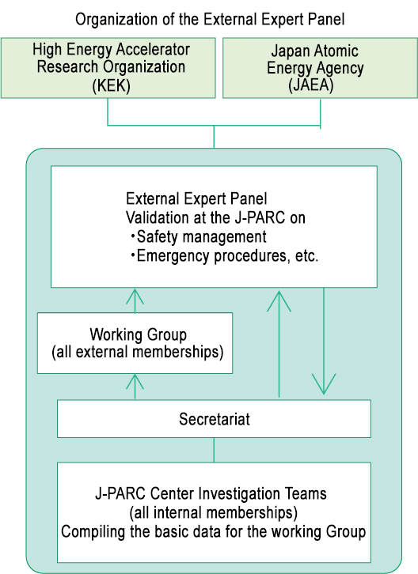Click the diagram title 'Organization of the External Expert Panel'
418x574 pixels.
(x=210, y=20)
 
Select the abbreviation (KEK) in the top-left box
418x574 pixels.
(x=112, y=85)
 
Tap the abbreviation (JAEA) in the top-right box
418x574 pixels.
(x=311, y=85)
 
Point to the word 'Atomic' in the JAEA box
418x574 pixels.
(x=336, y=51)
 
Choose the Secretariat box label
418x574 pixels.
(x=215, y=419)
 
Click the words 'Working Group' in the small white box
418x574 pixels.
(x=139, y=334)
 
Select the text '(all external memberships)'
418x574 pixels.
(x=138, y=352)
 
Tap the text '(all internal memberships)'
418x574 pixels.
(x=214, y=512)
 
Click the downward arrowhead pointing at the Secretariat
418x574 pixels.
(x=324, y=383)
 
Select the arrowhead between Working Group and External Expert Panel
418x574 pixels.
(x=135, y=296)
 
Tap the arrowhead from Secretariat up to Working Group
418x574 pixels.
(x=135, y=381)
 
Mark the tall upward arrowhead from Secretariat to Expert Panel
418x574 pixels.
(x=279, y=301)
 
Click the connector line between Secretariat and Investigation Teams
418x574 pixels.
(x=214, y=450)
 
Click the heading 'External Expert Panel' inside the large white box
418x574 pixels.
(x=196, y=198)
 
